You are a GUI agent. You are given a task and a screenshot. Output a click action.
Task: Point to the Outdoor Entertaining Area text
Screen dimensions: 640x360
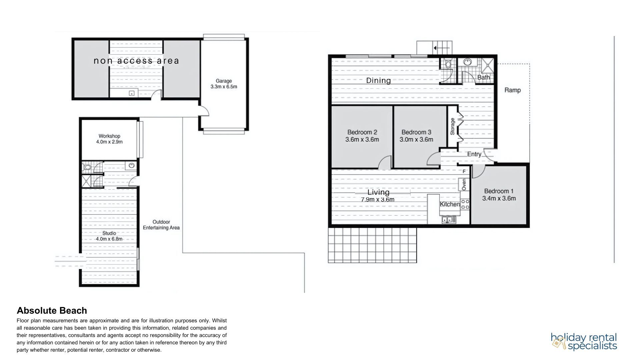161,225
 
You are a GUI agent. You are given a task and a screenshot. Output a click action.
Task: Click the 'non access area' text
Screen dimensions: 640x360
136,61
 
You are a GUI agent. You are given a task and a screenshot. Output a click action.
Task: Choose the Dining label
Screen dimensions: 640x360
378,80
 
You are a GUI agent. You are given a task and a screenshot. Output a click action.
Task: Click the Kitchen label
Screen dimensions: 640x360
450,204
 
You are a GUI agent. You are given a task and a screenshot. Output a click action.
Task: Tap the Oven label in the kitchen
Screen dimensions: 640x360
464,184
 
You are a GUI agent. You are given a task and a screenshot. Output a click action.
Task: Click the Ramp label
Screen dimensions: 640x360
513,90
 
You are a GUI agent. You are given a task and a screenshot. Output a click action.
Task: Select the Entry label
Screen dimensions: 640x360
474,154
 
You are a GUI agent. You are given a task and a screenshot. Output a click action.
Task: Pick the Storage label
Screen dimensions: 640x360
453,126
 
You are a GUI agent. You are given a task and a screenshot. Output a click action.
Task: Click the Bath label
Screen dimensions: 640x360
484,77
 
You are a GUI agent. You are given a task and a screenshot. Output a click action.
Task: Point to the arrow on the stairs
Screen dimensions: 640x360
440,48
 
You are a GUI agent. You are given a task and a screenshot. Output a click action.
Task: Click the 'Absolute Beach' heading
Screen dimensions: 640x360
52,311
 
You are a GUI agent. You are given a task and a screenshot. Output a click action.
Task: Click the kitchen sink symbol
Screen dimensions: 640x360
447,220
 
